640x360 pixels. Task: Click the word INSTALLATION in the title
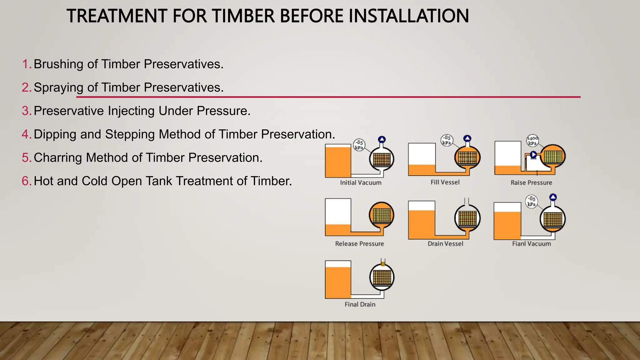tap(408, 16)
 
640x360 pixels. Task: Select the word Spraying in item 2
tap(58, 88)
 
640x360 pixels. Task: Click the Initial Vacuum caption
tap(361, 183)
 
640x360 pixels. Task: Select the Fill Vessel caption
tap(445, 182)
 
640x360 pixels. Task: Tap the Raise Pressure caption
tap(531, 183)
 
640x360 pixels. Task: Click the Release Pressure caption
tap(359, 244)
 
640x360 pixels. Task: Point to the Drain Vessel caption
tap(445, 244)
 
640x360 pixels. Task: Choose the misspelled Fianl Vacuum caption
tap(531, 244)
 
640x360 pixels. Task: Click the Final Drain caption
tap(360, 304)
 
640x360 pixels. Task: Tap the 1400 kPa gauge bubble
tap(532, 140)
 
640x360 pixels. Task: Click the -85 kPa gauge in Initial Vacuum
tap(359, 145)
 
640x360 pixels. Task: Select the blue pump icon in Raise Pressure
tap(533, 155)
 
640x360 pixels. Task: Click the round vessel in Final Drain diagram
tap(382, 277)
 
